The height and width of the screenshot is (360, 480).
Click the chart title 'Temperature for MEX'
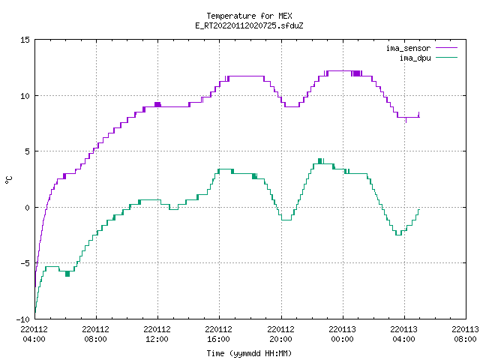pyautogui.click(x=249, y=16)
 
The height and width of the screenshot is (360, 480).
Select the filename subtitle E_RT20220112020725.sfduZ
pyautogui.click(x=249, y=25)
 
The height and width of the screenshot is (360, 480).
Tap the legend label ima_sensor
pyautogui.click(x=408, y=48)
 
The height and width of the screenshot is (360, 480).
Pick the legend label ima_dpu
pyautogui.click(x=415, y=58)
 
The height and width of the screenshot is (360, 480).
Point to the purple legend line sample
pyautogui.click(x=447, y=48)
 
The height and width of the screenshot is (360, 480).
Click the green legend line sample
pyautogui.click(x=447, y=58)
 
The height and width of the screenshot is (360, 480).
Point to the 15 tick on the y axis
pyautogui.click(x=25, y=40)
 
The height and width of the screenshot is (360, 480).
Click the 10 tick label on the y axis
pyautogui.click(x=25, y=96)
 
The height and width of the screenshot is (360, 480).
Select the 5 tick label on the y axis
pyautogui.click(x=28, y=151)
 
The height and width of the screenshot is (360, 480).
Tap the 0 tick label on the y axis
pyautogui.click(x=28, y=208)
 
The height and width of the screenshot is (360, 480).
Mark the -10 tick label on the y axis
pyautogui.click(x=23, y=319)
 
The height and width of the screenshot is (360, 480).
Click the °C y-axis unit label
pyautogui.click(x=8, y=180)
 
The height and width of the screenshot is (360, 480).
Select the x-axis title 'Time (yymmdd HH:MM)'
pyautogui.click(x=249, y=353)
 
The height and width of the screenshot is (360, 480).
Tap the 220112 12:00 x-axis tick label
pyautogui.click(x=157, y=334)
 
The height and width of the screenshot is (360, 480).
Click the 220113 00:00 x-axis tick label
pyautogui.click(x=342, y=334)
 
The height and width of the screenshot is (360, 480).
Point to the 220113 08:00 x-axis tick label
pyautogui.click(x=465, y=334)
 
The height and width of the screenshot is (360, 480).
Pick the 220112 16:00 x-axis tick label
pyautogui.click(x=218, y=334)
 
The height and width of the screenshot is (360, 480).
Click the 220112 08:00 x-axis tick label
pyautogui.click(x=95, y=334)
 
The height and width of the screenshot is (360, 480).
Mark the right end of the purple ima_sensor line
pyautogui.click(x=419, y=117)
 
